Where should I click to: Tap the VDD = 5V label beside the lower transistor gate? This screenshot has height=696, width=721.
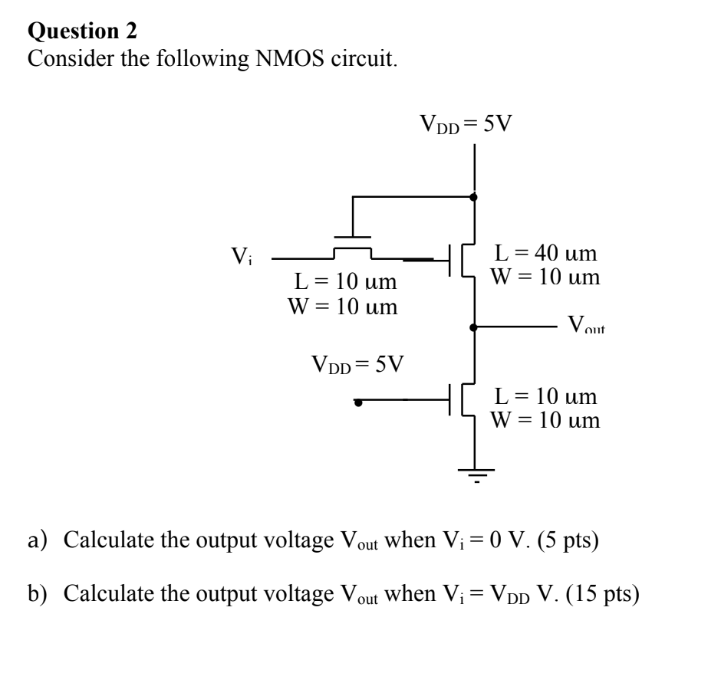click(x=357, y=362)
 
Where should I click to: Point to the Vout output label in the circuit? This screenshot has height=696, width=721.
click(x=587, y=326)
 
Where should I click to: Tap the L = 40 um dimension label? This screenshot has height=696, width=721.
click(x=546, y=253)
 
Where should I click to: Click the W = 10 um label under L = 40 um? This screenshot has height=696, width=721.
click(x=546, y=276)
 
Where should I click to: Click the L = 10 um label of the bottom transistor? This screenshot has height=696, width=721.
click(x=546, y=396)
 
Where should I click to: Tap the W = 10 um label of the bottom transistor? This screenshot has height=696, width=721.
click(x=546, y=420)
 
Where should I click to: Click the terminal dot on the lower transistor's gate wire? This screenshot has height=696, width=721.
click(x=357, y=400)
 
